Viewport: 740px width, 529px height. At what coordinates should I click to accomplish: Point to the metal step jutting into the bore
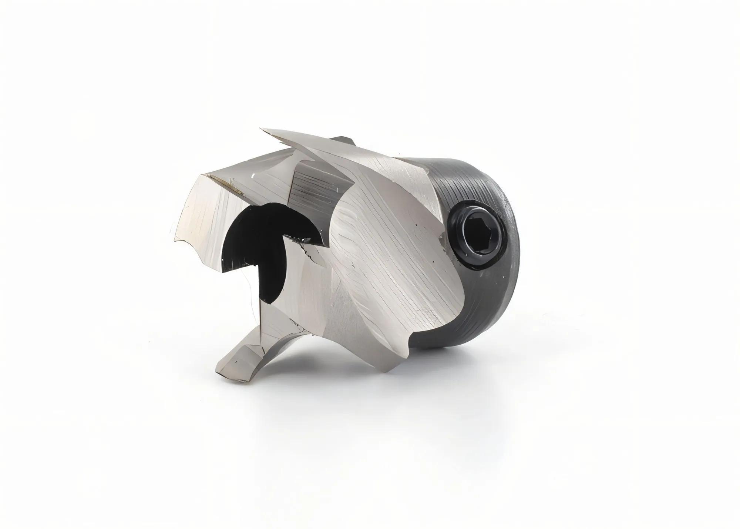[302, 239]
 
